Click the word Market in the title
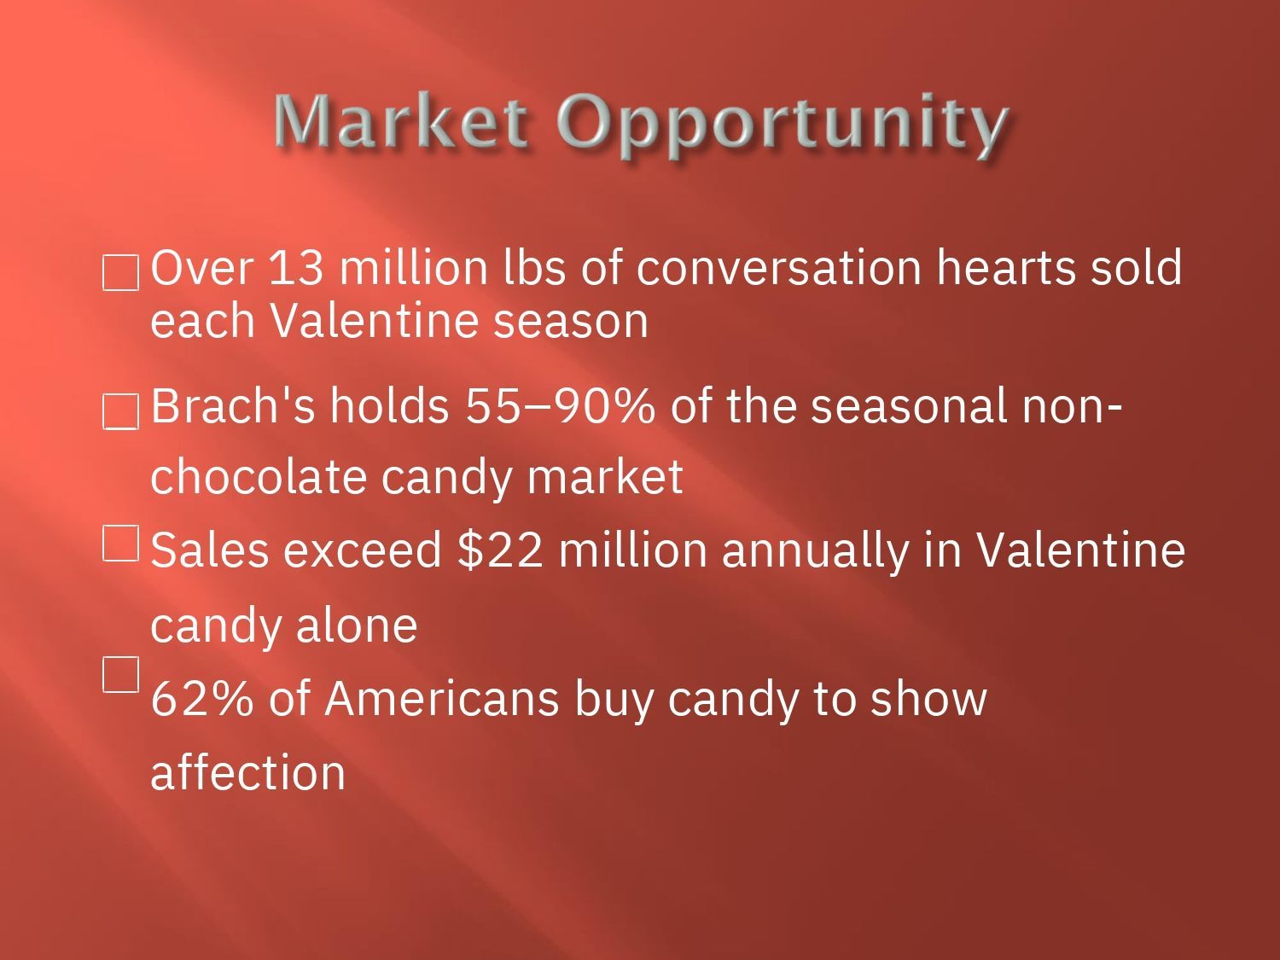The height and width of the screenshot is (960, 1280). click(x=401, y=120)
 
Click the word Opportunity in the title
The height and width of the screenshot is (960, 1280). click(x=782, y=126)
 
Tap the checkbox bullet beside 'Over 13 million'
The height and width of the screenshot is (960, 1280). click(x=120, y=272)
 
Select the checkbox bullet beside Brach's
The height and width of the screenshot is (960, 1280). click(x=120, y=411)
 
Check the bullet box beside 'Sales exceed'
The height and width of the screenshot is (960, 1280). click(x=120, y=544)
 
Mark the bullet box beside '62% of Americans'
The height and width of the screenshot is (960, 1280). click(x=120, y=674)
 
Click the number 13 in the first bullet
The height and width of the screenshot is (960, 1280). click(x=296, y=268)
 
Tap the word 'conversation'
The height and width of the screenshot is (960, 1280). click(x=779, y=268)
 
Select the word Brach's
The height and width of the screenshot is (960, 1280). click(x=233, y=405)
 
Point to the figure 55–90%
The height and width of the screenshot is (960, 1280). click(x=560, y=405)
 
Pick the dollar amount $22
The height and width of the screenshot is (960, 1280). click(x=500, y=549)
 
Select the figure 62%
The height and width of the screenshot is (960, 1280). click(x=202, y=698)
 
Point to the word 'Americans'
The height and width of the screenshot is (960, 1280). click(x=441, y=698)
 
